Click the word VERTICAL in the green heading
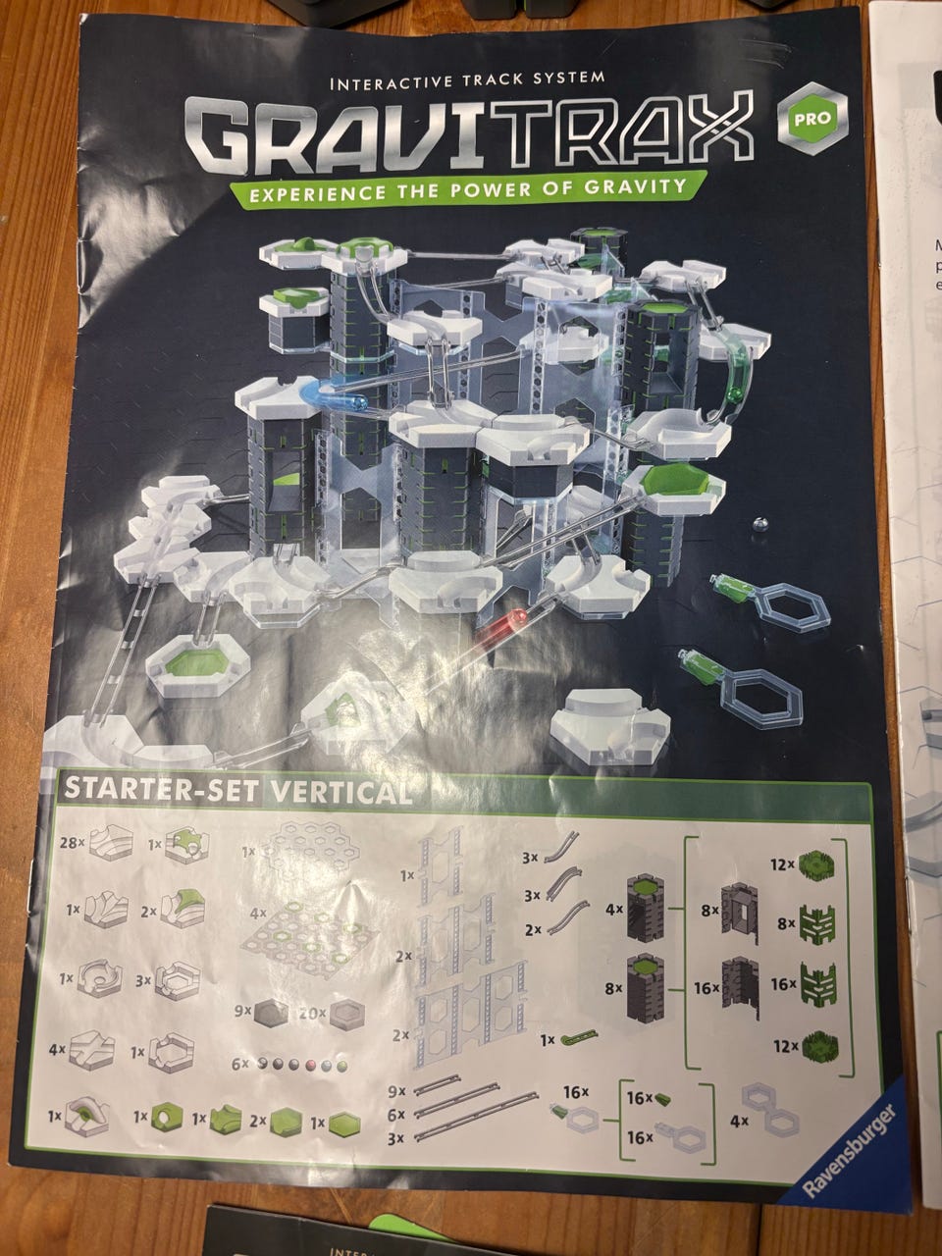pos(340,793)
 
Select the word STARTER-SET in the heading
pos(162,788)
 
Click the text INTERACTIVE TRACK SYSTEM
pos(467,80)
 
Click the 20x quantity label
pos(312,1014)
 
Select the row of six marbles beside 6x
pos(302,1066)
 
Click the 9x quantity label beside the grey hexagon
pos(242,1011)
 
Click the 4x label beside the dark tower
pos(615,909)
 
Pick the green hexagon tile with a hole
pos(167,1116)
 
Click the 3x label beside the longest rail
pos(395,1138)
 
